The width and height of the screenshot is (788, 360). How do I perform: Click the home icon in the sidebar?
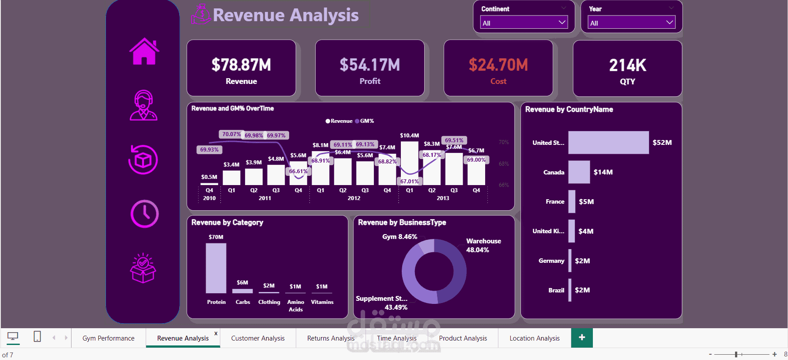coord(144,52)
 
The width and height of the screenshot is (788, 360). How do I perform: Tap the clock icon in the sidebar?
coord(144,214)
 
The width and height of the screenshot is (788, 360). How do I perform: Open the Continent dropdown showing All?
coord(524,23)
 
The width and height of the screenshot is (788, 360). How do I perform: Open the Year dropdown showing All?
coord(631,23)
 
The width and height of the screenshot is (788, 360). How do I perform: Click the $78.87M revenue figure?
coord(241,65)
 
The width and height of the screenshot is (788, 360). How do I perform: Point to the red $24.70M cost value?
coord(498,65)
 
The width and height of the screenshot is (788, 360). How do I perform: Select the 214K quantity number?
coord(627,65)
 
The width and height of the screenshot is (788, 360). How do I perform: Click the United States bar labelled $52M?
coord(608,143)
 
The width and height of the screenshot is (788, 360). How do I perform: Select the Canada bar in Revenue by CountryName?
coord(579,172)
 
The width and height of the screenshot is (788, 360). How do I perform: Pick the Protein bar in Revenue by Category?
coord(216,268)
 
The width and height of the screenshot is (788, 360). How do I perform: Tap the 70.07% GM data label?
coord(231,134)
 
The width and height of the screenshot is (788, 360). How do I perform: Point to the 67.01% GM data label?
coord(409,181)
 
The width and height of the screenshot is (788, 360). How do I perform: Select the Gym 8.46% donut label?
coord(400,237)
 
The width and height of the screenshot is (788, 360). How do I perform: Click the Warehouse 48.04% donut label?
coord(483,245)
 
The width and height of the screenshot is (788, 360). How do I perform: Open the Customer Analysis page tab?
coord(258,338)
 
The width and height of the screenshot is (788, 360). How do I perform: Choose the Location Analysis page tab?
coord(534,338)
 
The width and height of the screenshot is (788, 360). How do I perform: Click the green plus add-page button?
coord(582,338)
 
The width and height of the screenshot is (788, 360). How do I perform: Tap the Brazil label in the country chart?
coord(556,290)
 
